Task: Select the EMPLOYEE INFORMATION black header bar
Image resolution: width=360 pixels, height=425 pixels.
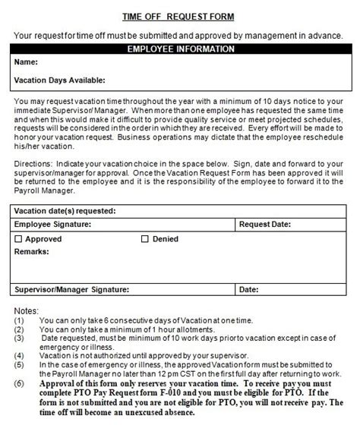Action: pyautogui.click(x=179, y=49)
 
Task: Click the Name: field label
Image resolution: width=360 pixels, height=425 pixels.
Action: pyautogui.click(x=27, y=62)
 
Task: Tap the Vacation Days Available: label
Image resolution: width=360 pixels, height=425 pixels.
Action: pyautogui.click(x=59, y=80)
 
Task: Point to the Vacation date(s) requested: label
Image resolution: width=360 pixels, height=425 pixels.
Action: pyautogui.click(x=65, y=211)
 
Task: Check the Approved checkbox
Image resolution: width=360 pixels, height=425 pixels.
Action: pyautogui.click(x=19, y=239)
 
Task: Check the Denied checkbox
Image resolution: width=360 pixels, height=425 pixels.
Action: pyautogui.click(x=145, y=239)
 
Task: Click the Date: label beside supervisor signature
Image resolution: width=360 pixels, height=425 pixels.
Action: pyautogui.click(x=250, y=289)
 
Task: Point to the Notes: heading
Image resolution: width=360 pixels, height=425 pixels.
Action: pyautogui.click(x=27, y=310)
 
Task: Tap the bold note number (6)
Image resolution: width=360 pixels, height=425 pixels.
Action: pyautogui.click(x=19, y=385)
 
